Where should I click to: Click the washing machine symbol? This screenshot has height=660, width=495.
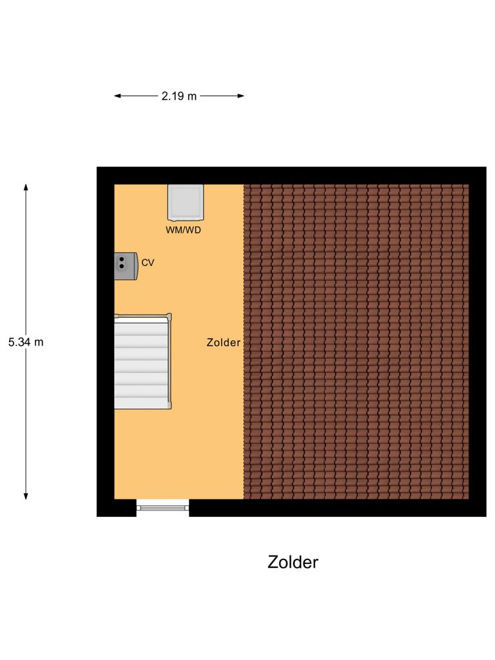pyautogui.click(x=186, y=201)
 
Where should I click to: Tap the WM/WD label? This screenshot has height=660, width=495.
pyautogui.click(x=184, y=229)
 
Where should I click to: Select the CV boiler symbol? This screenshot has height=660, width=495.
pyautogui.click(x=126, y=266)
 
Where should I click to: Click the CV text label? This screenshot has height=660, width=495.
pyautogui.click(x=148, y=263)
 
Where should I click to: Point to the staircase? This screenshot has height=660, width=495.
pyautogui.click(x=142, y=362)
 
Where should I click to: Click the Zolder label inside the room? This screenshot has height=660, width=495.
pyautogui.click(x=223, y=343)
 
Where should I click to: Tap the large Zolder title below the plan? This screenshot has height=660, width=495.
pyautogui.click(x=293, y=562)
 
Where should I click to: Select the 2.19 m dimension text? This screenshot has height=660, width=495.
pyautogui.click(x=179, y=97)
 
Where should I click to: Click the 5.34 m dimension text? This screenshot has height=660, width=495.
pyautogui.click(x=26, y=342)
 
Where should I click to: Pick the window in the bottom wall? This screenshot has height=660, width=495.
pyautogui.click(x=163, y=508)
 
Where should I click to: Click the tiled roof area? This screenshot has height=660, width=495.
pyautogui.click(x=356, y=342)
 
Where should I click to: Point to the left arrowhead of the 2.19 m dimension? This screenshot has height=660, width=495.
pyautogui.click(x=117, y=97)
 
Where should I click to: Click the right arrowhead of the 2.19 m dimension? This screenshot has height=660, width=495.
pyautogui.click(x=241, y=97)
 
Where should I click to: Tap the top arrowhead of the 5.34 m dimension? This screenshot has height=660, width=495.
pyautogui.click(x=26, y=187)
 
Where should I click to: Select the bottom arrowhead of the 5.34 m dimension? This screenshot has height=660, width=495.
pyautogui.click(x=26, y=496)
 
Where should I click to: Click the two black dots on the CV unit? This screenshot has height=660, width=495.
pyautogui.click(x=122, y=261)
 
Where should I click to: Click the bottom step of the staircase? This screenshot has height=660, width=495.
pyautogui.click(x=141, y=403)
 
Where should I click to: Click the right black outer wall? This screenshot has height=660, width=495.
pyautogui.click(x=477, y=342)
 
